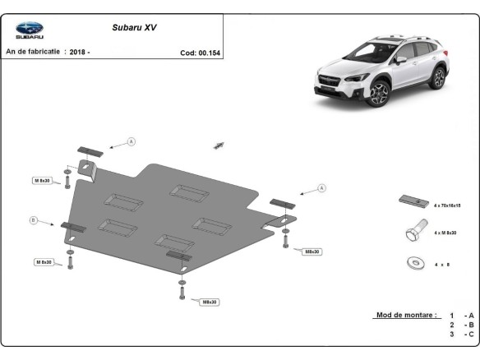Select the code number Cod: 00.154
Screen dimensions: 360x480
(200, 52)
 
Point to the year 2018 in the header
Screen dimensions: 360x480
(79, 52)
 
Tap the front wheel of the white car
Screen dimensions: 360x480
(380, 94)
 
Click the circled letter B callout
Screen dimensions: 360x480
(34, 220)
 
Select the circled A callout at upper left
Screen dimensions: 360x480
(131, 142)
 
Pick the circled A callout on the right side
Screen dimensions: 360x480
(322, 188)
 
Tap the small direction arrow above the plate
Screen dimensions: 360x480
(219, 145)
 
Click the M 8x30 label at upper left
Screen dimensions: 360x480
(43, 180)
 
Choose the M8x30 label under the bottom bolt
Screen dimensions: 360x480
(209, 302)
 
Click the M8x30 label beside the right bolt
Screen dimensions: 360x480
(312, 251)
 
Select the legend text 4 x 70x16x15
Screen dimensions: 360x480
(447, 205)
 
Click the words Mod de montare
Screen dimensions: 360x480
(395, 315)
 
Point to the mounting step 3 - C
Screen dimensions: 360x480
(461, 335)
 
